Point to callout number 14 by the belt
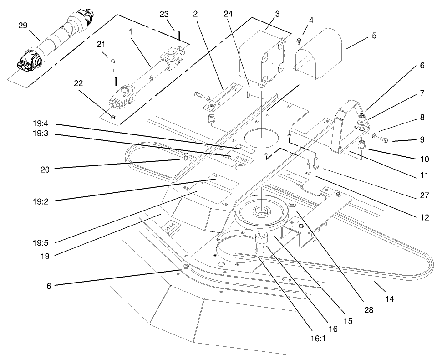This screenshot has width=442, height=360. point(389,299)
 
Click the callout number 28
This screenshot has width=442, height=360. point(368,309)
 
